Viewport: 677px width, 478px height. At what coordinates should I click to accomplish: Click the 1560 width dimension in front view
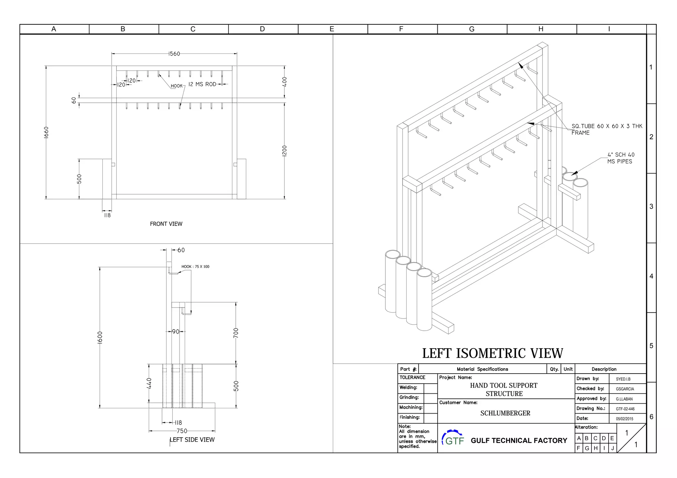(174, 54)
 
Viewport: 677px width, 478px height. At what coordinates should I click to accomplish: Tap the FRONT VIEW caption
(166, 224)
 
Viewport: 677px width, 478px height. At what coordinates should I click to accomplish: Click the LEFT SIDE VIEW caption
(192, 440)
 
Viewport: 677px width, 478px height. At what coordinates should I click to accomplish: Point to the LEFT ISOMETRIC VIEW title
(492, 353)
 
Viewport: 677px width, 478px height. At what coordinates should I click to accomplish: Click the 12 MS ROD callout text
(202, 84)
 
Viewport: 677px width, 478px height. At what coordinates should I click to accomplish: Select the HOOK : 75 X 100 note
(195, 267)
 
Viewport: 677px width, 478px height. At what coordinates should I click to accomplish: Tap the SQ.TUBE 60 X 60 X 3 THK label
(607, 126)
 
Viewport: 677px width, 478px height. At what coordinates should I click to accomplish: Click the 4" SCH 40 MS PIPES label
(620, 158)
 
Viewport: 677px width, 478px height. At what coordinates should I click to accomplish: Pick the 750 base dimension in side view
(182, 431)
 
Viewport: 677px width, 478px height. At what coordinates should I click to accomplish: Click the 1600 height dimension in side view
(100, 337)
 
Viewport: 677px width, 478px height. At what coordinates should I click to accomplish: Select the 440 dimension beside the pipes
(149, 383)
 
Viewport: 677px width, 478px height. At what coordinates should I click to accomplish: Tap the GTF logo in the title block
(453, 438)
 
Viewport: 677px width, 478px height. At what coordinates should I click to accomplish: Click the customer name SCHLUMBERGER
(505, 413)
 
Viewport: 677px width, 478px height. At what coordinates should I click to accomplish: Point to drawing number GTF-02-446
(625, 409)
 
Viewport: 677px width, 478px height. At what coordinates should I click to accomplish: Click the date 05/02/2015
(624, 419)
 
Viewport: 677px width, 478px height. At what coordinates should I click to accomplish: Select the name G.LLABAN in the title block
(624, 399)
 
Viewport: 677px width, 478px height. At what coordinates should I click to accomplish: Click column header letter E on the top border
(332, 29)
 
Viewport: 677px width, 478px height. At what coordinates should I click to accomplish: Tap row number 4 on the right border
(651, 276)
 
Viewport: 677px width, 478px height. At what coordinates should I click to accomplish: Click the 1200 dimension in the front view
(285, 151)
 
